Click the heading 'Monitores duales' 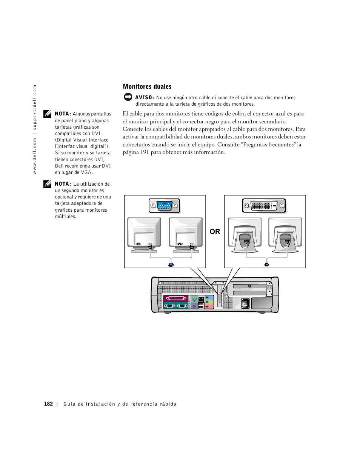point(147,87)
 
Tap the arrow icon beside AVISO point(128,97)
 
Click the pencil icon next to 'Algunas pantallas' point(47,114)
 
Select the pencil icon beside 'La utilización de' point(47,184)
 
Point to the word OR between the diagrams point(215,232)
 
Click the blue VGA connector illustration point(164,206)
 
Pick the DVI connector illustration point(264,206)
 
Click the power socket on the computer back point(245,303)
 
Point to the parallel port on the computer point(176,298)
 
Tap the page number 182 point(48,404)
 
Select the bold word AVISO point(145,97)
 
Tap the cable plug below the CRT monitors point(171,265)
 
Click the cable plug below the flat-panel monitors point(267,265)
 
